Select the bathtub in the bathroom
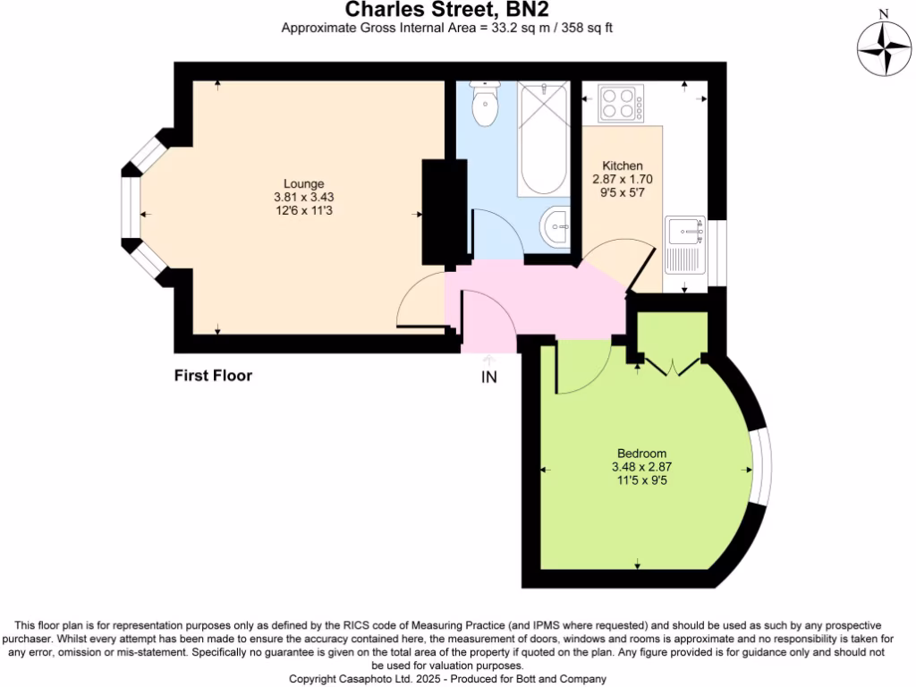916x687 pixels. [543, 139]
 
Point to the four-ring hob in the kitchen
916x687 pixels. [621, 103]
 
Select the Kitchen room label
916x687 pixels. [623, 166]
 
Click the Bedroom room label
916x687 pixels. [641, 454]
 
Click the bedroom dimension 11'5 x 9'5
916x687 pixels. [641, 480]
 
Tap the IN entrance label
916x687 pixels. [489, 377]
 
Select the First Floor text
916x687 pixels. [213, 376]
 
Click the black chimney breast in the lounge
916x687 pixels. [444, 212]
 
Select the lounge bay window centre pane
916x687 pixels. [131, 214]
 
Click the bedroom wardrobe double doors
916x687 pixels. [669, 365]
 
